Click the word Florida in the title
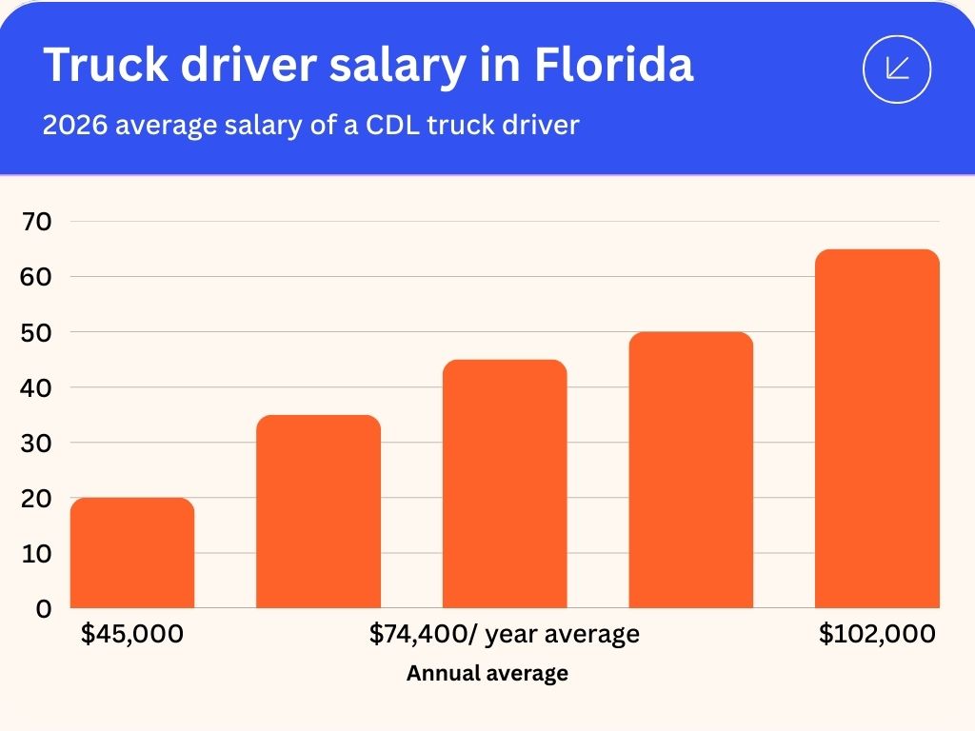[613, 65]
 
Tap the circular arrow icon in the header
[896, 69]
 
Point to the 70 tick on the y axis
[37, 222]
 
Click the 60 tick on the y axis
[37, 277]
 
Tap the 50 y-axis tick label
[37, 332]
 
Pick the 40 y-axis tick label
[37, 387]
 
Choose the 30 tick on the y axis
[37, 443]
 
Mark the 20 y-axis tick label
[37, 498]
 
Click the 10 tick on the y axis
[37, 553]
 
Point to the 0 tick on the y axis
[44, 608]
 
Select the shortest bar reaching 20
[132, 553]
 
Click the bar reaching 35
[318, 512]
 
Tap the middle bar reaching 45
[505, 484]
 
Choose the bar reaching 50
[690, 470]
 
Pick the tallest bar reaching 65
[877, 429]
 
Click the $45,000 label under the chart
[132, 634]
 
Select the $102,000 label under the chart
[877, 634]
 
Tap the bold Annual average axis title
[487, 674]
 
